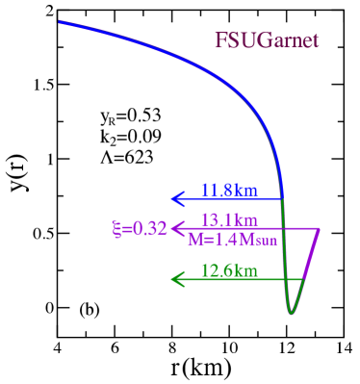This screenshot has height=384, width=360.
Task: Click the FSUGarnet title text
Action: point(267,41)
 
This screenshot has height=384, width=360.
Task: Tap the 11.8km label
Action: point(229,190)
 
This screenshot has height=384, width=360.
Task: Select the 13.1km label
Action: point(229,219)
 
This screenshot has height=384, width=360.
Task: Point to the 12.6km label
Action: point(229,270)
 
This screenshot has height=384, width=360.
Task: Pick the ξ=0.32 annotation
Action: point(140,229)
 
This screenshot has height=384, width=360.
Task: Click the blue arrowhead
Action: point(176,199)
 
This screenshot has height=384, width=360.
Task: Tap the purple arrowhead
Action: point(176,229)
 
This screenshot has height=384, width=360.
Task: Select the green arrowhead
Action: point(176,279)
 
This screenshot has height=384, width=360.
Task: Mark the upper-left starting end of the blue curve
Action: point(60,21)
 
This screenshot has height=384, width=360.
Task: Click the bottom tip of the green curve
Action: point(290,313)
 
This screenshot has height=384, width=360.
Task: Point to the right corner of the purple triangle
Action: point(319,229)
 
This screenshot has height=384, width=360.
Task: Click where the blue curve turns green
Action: point(282,197)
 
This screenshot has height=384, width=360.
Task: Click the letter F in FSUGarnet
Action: point(220,41)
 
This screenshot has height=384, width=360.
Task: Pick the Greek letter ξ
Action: point(116,229)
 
